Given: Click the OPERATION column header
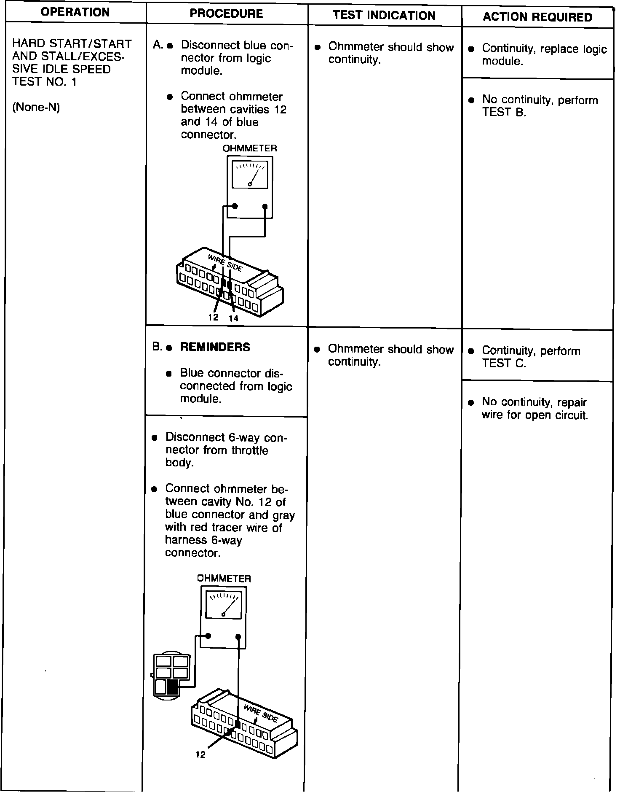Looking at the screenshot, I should click(76, 12).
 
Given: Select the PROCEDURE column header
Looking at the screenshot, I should click(226, 14).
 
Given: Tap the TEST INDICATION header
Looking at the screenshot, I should click(384, 16).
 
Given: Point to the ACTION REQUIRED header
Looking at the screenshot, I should click(537, 17).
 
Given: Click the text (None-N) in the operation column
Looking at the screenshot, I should click(36, 108).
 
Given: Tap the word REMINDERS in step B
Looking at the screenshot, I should click(215, 348).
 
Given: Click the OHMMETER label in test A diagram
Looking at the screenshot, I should click(249, 148).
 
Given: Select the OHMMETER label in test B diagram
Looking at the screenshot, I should click(224, 579).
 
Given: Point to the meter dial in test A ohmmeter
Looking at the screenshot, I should click(250, 175).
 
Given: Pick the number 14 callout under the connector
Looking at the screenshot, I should click(233, 319).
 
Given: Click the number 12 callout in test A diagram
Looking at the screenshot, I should click(213, 317).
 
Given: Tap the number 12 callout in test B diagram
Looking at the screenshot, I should click(200, 755).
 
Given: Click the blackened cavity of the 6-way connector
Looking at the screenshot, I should click(172, 687).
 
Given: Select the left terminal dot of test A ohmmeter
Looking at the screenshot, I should click(235, 206).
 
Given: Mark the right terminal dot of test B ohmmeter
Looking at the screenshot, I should click(238, 636).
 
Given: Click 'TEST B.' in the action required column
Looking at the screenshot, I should click(504, 113).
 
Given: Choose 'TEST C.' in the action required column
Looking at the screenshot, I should click(504, 364).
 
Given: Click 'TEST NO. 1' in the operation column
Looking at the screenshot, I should click(45, 82).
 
